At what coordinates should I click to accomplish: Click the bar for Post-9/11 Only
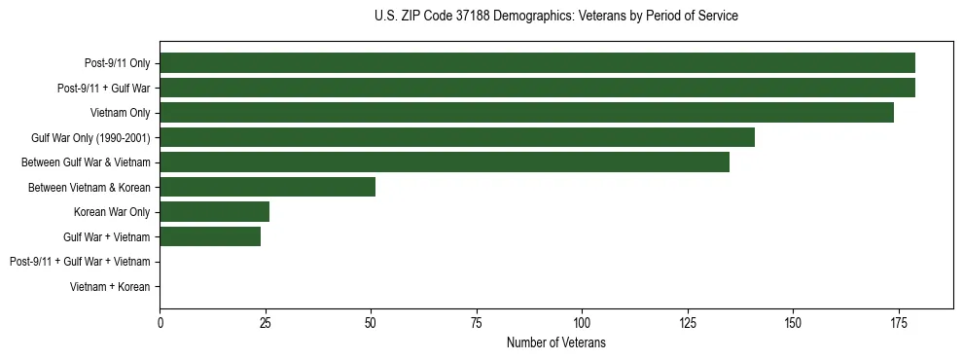coord(537,63)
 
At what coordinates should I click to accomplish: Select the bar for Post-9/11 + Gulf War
coord(537,88)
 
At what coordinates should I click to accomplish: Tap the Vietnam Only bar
coord(526,113)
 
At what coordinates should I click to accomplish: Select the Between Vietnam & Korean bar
coord(267,187)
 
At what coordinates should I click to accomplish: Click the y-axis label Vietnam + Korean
coord(110,287)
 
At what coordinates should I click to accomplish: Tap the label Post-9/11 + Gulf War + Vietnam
coord(80,262)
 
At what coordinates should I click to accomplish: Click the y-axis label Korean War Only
coord(112,212)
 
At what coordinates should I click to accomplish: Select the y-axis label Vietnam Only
coord(120,113)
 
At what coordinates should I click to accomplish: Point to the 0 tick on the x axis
coord(160,322)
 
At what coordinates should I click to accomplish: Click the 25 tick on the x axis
coord(266,322)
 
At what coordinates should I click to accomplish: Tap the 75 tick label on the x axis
coord(477,322)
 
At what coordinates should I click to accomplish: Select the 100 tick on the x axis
coord(582,322)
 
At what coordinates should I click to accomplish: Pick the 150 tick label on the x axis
coord(793,322)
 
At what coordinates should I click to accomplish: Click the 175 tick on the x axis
coord(898,322)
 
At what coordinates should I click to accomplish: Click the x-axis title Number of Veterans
coord(555,342)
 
